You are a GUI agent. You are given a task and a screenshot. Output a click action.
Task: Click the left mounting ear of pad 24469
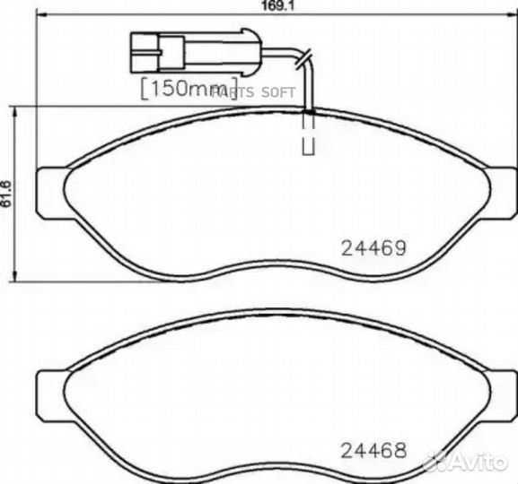[50, 191]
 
